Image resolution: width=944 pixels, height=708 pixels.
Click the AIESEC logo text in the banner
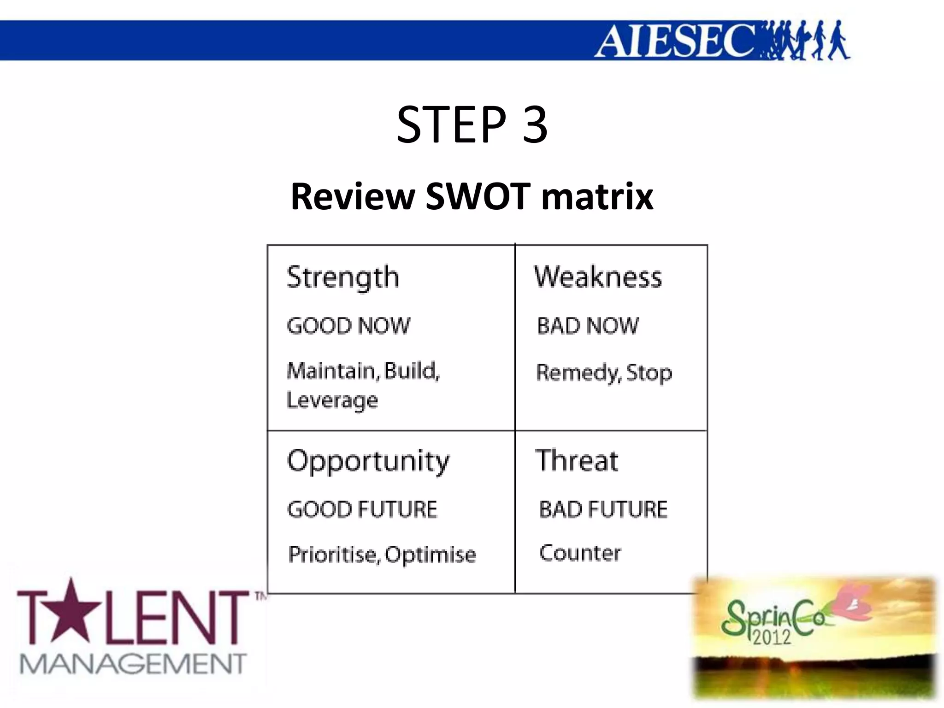(x=675, y=41)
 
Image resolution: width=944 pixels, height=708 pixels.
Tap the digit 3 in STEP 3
(x=535, y=124)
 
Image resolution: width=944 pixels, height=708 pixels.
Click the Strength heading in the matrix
(x=343, y=278)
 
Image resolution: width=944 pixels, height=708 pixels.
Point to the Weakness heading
(x=598, y=277)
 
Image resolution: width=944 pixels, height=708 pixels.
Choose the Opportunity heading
(x=368, y=461)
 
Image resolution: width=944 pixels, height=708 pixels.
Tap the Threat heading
(x=577, y=460)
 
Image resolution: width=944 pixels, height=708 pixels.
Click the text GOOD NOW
(x=348, y=326)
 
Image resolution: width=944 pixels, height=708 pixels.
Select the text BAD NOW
(x=588, y=326)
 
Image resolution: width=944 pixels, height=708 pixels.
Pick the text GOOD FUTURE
(x=362, y=510)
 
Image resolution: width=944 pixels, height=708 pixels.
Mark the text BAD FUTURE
(x=603, y=510)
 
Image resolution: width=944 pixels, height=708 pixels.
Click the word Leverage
(x=332, y=400)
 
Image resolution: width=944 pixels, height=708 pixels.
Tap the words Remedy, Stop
(x=604, y=372)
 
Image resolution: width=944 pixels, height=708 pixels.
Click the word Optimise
(x=431, y=555)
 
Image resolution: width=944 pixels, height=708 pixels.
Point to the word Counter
(x=580, y=553)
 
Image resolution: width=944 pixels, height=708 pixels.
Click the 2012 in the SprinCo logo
(x=772, y=637)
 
